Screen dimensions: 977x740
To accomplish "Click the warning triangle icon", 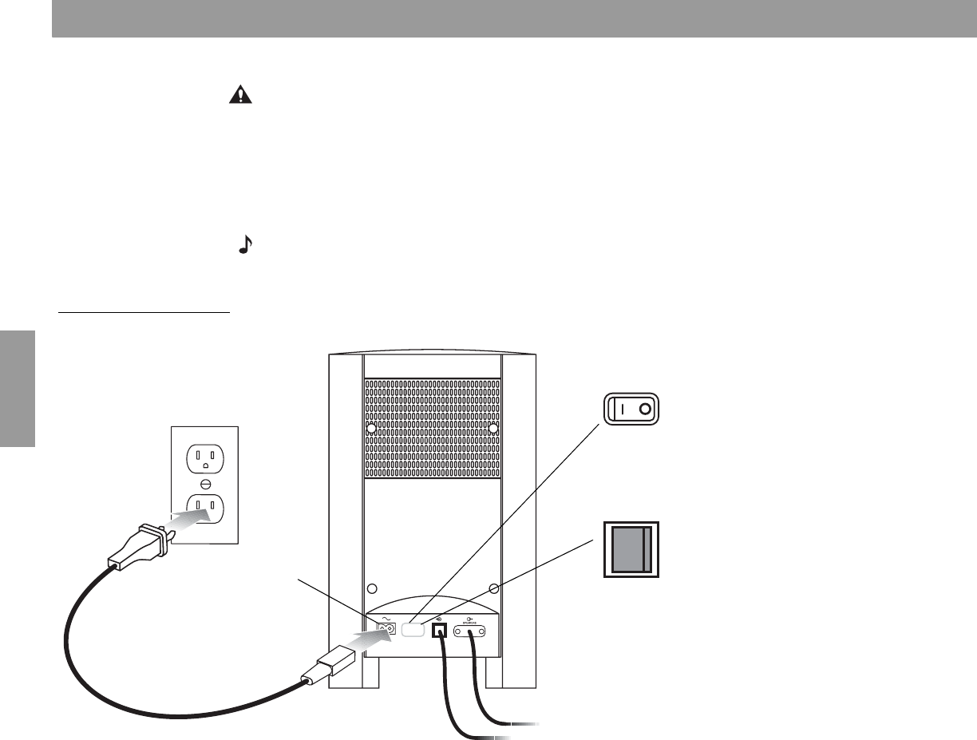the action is click(x=239, y=95).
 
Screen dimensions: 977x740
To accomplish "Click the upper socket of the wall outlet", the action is click(x=205, y=458).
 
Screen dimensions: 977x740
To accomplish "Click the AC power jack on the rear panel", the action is click(x=385, y=630).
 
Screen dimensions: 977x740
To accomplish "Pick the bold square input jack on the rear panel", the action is click(x=438, y=631).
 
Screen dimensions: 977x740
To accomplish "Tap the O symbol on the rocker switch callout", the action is click(x=645, y=411).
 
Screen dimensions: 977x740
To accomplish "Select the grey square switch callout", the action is click(x=631, y=549).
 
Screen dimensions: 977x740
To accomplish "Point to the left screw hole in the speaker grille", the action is click(x=371, y=429).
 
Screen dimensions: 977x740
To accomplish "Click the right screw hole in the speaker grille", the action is click(x=493, y=429).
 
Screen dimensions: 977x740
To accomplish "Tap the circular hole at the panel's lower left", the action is click(x=371, y=589).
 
